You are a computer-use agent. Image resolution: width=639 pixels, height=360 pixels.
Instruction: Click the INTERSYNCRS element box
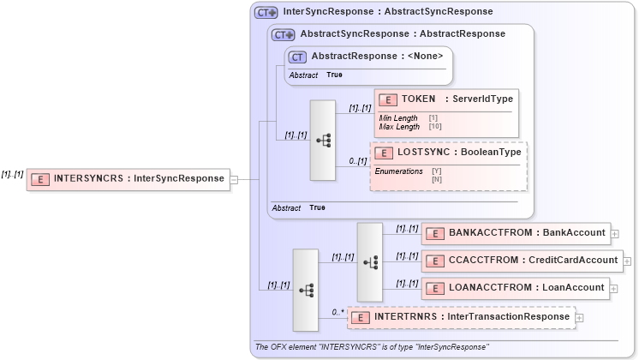pyautogui.click(x=128, y=179)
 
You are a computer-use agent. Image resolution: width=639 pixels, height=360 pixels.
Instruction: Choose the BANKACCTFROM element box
pyautogui.click(x=515, y=233)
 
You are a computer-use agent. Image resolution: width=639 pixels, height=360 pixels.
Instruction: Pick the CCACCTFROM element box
pyautogui.click(x=522, y=260)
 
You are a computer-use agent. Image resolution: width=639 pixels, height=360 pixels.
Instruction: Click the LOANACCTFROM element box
pyautogui.click(x=515, y=287)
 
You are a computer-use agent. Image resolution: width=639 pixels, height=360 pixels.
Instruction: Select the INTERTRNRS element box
pyautogui.click(x=461, y=317)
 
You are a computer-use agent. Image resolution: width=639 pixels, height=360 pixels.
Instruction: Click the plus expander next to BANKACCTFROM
pyautogui.click(x=615, y=233)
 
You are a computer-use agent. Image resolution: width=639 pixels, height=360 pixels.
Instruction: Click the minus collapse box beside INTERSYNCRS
pyautogui.click(x=234, y=179)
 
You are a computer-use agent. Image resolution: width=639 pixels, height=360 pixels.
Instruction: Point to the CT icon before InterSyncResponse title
pyautogui.click(x=266, y=12)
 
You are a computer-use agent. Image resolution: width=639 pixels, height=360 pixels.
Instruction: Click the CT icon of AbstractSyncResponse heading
pyautogui.click(x=283, y=34)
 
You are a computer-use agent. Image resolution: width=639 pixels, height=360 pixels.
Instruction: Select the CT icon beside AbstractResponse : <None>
pyautogui.click(x=297, y=57)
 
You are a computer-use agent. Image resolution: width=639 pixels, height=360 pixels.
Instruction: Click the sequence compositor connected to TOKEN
pyautogui.click(x=323, y=140)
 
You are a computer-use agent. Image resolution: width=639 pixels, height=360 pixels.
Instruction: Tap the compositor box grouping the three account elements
pyautogui.click(x=370, y=261)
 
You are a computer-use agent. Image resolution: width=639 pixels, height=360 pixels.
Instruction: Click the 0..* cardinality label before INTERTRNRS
pyautogui.click(x=337, y=312)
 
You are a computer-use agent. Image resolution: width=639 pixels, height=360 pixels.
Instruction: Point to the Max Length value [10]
pyautogui.click(x=434, y=127)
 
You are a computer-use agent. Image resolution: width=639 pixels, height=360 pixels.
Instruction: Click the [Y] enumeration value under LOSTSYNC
pyautogui.click(x=436, y=171)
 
